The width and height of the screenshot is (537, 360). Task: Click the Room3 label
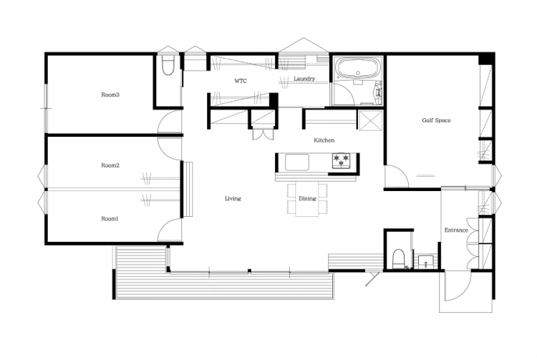pyautogui.click(x=110, y=94)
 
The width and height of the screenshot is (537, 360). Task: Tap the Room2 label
pyautogui.click(x=110, y=165)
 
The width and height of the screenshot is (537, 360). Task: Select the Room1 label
pyautogui.click(x=110, y=219)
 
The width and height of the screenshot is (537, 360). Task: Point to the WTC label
pyautogui.click(x=241, y=81)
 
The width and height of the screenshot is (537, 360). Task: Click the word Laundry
pyautogui.click(x=304, y=79)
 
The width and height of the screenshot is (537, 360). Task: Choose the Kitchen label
pyautogui.click(x=324, y=140)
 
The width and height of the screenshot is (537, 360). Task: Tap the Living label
pyautogui.click(x=233, y=198)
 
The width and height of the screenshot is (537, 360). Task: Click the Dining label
pyautogui.click(x=307, y=198)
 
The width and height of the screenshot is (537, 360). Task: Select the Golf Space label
pyautogui.click(x=436, y=120)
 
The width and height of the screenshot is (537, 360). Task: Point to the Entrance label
pyautogui.click(x=456, y=230)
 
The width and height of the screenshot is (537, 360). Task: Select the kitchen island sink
pyautogui.click(x=297, y=162)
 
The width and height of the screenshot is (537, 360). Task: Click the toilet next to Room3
pyautogui.click(x=168, y=66)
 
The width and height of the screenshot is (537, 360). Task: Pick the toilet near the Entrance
pyautogui.click(x=397, y=259)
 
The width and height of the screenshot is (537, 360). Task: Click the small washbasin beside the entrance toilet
pyautogui.click(x=426, y=262)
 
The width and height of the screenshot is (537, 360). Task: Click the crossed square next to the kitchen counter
pyautogui.click(x=369, y=120)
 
